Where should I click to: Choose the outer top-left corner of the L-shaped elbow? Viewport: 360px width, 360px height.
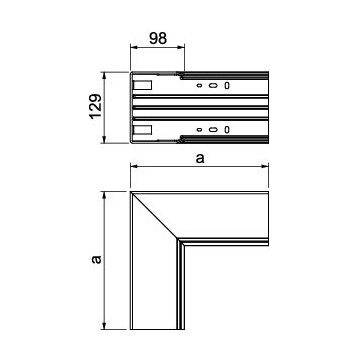132,191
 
